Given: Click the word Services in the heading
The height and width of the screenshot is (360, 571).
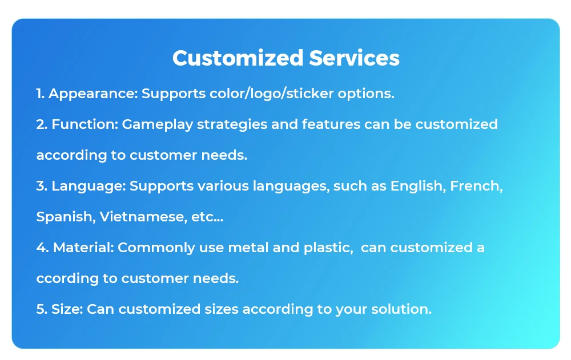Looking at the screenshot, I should point(354,58).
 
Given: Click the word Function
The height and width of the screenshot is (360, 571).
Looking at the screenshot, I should point(85,124).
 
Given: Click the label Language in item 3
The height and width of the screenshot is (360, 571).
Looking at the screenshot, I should point(89,186).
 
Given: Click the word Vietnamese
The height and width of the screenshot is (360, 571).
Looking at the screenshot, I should point(140,217).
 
